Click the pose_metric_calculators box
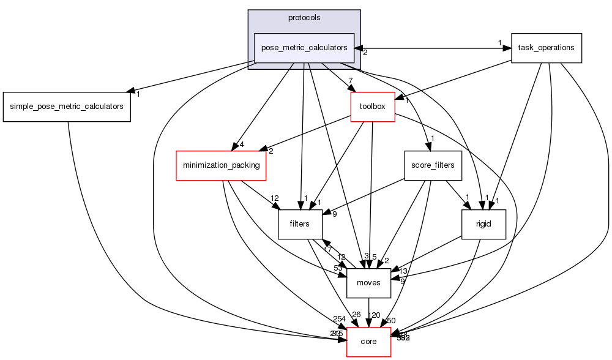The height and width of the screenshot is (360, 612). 304,48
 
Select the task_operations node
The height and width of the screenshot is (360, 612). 546,48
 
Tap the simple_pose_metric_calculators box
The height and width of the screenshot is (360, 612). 67,107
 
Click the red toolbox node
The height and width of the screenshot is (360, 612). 372,107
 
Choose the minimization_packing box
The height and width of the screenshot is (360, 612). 221,165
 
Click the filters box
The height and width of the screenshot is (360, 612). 300,224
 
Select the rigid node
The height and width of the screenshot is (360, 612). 484,224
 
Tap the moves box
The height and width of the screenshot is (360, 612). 368,283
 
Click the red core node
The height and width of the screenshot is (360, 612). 368,342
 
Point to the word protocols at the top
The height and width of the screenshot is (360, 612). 304,18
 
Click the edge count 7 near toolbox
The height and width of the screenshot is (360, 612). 351,81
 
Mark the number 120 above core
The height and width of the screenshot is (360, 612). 374,315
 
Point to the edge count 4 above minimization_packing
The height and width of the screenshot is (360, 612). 242,145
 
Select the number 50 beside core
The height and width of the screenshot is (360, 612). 391,321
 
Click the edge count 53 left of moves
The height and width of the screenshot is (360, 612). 338,268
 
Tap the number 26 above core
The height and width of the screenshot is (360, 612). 356,315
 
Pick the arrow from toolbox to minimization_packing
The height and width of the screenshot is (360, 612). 306,134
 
